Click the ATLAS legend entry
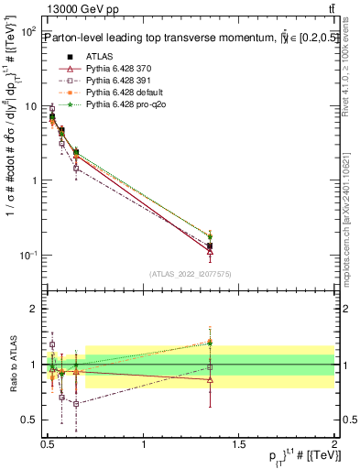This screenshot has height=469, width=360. (x=86, y=57)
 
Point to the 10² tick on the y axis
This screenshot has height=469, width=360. (x=28, y=31)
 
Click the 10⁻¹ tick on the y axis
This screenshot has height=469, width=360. (x=28, y=255)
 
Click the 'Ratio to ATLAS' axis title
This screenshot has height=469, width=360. (x=11, y=365)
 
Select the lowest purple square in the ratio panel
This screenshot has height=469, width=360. (x=76, y=403)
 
